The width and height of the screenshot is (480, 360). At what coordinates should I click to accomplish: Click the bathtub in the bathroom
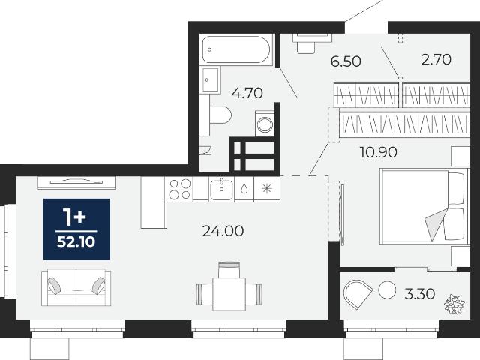tap(236, 49)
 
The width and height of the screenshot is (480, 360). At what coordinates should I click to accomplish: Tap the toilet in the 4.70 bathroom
tap(220, 115)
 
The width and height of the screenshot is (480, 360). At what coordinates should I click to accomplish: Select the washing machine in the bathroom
tap(265, 124)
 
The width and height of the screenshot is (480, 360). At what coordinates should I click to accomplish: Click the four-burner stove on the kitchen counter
tap(180, 189)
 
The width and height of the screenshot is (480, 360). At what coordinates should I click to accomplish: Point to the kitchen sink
tap(221, 189)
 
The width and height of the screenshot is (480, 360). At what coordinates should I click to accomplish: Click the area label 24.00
tap(223, 231)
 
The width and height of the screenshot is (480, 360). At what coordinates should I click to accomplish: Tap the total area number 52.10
tap(76, 242)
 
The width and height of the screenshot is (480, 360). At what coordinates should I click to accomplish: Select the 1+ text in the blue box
tap(74, 217)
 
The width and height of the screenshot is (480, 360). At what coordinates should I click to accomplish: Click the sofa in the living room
tap(76, 287)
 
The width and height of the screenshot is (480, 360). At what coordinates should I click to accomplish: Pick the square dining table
tap(229, 294)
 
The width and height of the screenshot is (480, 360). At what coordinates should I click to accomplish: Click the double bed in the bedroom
tap(424, 206)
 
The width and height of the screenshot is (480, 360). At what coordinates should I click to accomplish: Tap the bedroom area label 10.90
tap(379, 152)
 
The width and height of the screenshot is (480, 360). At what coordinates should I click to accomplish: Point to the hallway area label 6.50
tap(346, 61)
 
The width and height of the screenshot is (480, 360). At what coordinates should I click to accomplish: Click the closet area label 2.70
tap(436, 60)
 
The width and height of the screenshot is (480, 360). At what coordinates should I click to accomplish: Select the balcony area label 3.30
tap(420, 294)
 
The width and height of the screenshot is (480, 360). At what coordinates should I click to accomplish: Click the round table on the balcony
tap(387, 290)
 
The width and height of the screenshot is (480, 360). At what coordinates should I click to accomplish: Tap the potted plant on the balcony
tap(454, 304)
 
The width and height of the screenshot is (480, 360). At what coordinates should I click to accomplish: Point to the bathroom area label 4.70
tap(247, 93)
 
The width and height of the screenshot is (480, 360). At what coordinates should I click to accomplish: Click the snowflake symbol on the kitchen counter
tap(267, 188)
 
